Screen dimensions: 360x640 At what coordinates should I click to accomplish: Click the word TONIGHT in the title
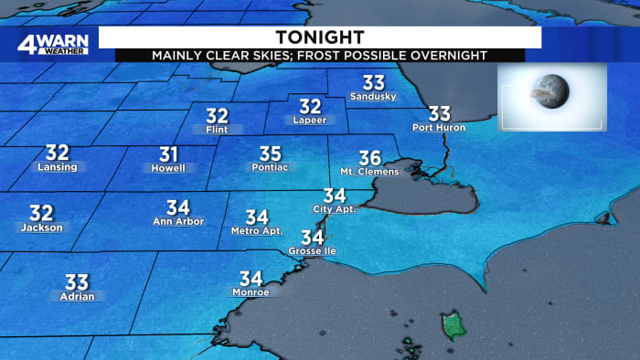click(319, 37)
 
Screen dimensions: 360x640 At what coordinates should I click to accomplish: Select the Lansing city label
click(57, 167)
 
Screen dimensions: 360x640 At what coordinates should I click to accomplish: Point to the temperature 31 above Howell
click(168, 154)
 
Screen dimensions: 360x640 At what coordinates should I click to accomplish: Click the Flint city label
click(217, 130)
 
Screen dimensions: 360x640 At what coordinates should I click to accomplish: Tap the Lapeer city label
click(310, 120)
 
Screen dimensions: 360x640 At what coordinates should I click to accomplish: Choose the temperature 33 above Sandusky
click(374, 81)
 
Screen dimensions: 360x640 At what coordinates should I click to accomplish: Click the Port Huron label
click(439, 127)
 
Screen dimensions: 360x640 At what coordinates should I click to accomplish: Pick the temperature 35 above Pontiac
click(270, 154)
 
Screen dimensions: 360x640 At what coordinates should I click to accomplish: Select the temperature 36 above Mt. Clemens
click(369, 157)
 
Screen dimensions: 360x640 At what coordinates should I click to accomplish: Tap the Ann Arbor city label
click(177, 222)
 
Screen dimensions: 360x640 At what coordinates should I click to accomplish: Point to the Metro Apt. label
click(256, 230)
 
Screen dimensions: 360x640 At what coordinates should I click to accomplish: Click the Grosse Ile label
click(312, 250)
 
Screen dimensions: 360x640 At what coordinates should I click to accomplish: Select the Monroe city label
click(251, 292)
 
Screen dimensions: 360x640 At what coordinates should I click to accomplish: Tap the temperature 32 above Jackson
click(41, 213)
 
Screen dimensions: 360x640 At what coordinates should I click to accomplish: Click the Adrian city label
click(76, 296)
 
